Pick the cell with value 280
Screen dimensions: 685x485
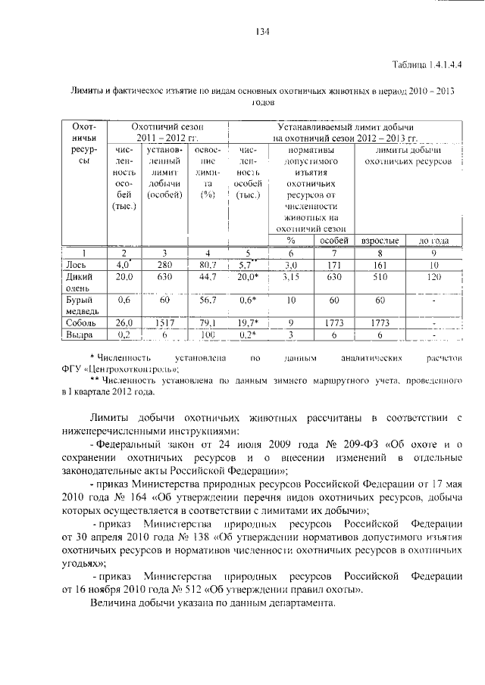164,265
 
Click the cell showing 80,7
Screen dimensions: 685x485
207,265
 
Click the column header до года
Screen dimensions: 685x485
434,241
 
